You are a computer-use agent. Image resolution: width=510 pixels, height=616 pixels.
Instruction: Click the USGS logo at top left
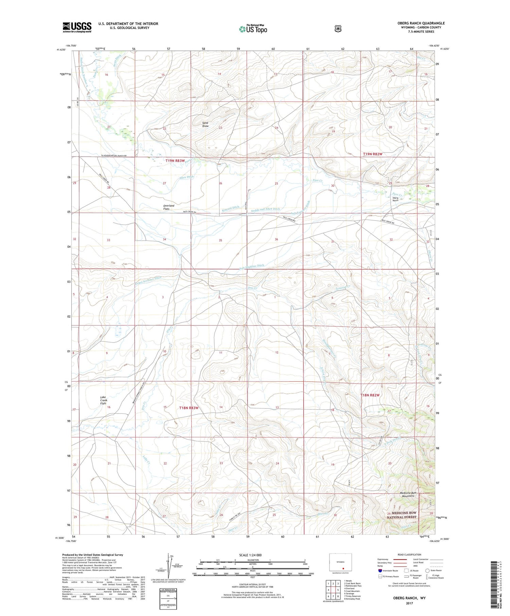click(77, 27)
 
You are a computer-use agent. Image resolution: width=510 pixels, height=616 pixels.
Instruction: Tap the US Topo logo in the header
click(253, 29)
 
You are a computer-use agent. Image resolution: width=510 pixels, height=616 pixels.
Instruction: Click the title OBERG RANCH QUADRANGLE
click(421, 23)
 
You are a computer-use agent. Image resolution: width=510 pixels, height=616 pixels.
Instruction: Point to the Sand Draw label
click(205, 124)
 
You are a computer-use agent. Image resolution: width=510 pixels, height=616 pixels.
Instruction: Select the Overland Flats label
click(168, 207)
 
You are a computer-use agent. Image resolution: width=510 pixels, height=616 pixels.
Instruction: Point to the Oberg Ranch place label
click(395, 199)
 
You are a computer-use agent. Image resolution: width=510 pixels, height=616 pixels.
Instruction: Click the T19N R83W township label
click(175, 160)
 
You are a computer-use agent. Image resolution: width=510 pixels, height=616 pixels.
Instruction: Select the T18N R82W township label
click(370, 395)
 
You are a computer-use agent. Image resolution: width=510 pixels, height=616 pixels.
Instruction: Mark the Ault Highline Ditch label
click(252, 267)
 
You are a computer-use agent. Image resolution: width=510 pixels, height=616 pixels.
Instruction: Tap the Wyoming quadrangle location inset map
click(340, 563)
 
